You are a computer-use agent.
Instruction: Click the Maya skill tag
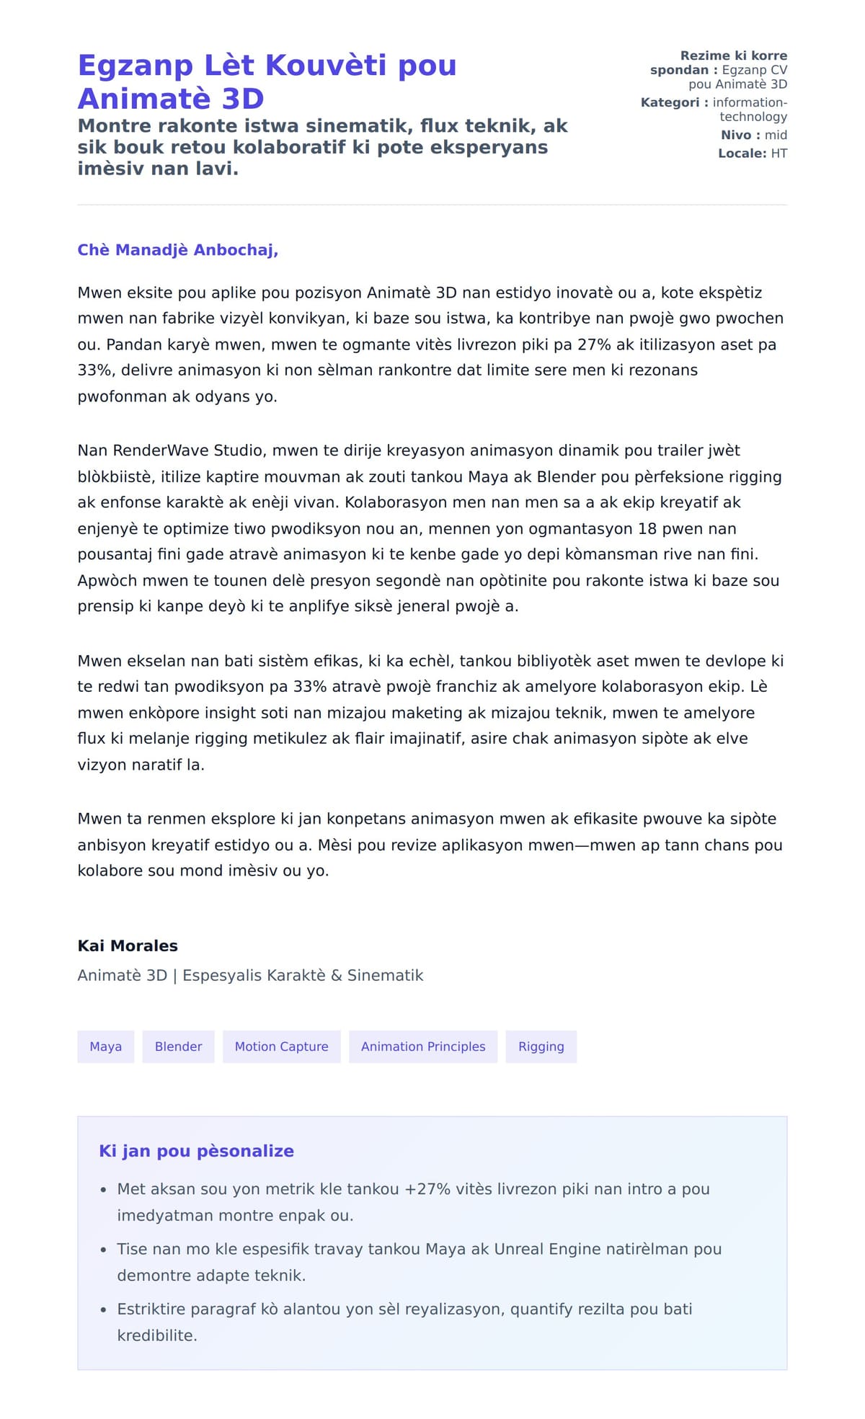(105, 1046)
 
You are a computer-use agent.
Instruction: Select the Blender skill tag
(178, 1046)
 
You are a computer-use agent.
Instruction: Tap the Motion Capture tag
(281, 1046)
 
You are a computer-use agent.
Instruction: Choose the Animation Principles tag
(423, 1046)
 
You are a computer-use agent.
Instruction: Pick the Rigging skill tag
(541, 1046)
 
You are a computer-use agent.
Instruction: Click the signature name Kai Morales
(128, 946)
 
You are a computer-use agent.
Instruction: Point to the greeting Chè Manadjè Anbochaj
(177, 250)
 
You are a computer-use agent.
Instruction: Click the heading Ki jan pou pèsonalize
(196, 1151)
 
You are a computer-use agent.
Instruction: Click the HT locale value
(778, 154)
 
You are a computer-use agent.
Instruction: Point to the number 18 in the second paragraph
(647, 528)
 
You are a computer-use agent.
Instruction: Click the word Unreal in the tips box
(519, 1249)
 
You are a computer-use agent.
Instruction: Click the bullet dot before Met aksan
(104, 1190)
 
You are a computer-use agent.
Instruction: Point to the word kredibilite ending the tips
(156, 1335)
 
